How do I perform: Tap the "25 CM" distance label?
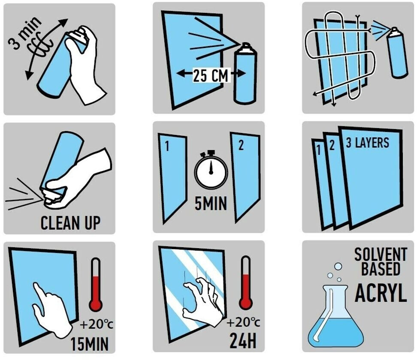click(x=210, y=75)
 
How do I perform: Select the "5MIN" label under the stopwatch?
click(x=211, y=204)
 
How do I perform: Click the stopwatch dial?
click(x=211, y=171)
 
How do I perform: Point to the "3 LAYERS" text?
click(x=367, y=143)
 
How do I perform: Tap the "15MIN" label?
click(x=90, y=344)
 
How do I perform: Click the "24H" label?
click(x=243, y=341)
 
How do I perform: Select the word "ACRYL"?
click(x=381, y=293)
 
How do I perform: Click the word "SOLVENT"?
click(x=381, y=254)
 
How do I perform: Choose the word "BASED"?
click(x=381, y=268)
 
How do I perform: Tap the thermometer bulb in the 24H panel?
click(x=246, y=303)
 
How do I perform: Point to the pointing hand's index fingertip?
click(x=35, y=285)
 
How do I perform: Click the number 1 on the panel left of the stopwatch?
click(x=167, y=147)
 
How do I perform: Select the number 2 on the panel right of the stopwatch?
click(x=241, y=145)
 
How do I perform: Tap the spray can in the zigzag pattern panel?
click(x=397, y=53)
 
